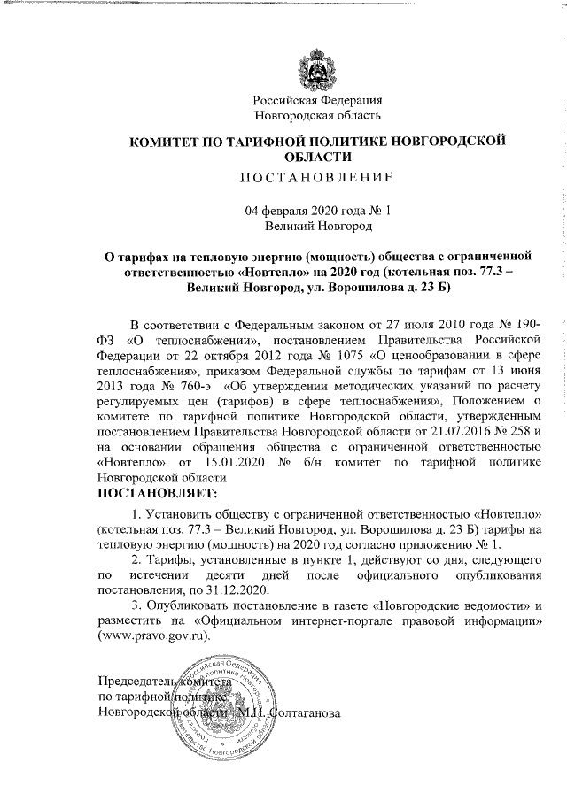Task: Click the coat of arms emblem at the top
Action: pos(317,70)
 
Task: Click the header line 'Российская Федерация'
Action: pos(317,100)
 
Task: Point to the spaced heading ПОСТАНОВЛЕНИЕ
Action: pos(317,176)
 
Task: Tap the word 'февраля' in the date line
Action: pos(296,211)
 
